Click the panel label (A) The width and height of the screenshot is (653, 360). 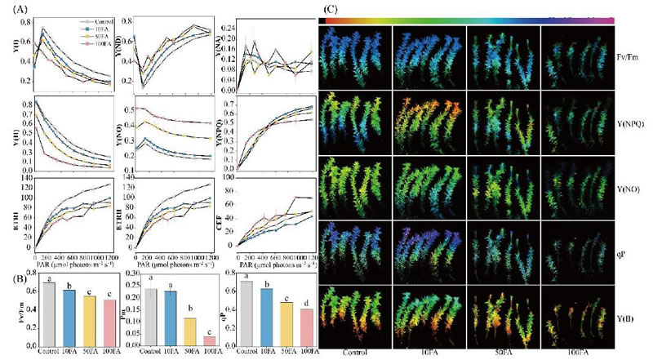pyautogui.click(x=14, y=9)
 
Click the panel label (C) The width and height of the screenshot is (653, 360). pyautogui.click(x=331, y=9)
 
